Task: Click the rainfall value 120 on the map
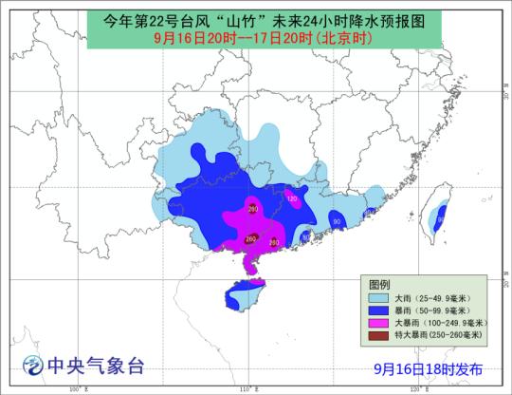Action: pyautogui.click(x=292, y=199)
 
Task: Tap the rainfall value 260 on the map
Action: pyautogui.click(x=250, y=238)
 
